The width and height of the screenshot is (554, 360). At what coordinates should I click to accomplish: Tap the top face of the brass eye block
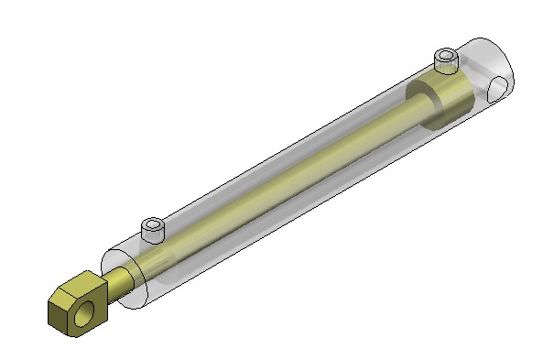click(x=76, y=285)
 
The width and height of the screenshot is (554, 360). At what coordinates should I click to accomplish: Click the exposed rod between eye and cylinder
click(x=118, y=281)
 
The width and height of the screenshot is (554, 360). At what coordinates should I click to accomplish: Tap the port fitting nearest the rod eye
click(x=153, y=229)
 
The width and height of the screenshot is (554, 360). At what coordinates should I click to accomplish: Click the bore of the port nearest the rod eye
click(x=153, y=223)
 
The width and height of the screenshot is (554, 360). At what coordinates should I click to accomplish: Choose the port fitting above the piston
click(x=445, y=62)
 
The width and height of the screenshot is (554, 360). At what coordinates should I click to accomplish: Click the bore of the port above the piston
click(x=445, y=56)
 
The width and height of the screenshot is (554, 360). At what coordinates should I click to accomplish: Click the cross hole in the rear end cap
click(x=497, y=89)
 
